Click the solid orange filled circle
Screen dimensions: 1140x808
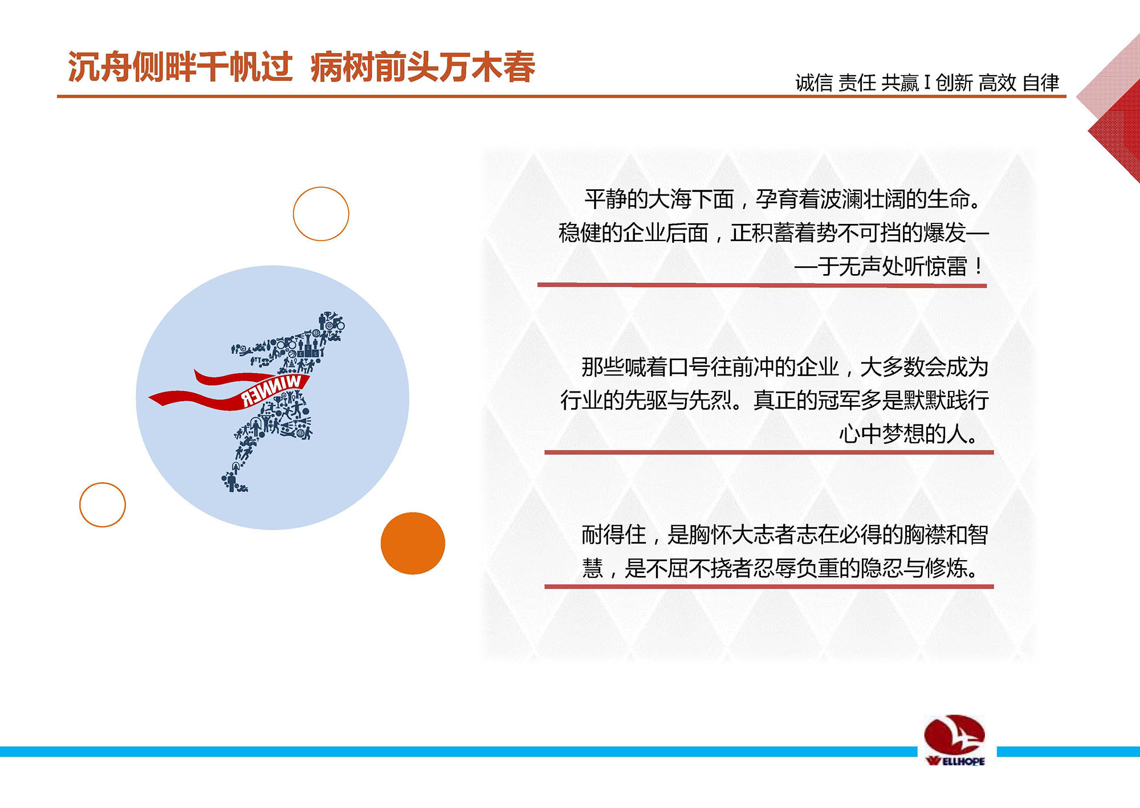click(x=413, y=543)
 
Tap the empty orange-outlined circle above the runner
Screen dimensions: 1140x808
click(x=321, y=187)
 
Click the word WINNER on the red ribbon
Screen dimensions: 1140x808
click(x=272, y=391)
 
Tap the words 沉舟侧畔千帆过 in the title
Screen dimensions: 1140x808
click(x=180, y=67)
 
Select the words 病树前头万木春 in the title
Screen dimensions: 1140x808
click(x=423, y=67)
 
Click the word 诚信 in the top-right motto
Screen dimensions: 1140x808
click(x=814, y=83)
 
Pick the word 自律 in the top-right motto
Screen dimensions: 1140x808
click(x=1041, y=83)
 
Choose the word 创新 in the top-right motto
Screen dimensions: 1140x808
click(x=954, y=83)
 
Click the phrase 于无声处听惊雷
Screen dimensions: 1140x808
click(x=892, y=266)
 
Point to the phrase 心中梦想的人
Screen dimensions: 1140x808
click(x=903, y=434)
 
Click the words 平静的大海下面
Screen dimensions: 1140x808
click(x=659, y=199)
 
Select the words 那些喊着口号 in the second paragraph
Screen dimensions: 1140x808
click(x=646, y=367)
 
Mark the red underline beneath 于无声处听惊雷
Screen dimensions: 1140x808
click(x=762, y=285)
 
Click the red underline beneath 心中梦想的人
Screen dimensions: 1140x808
click(x=769, y=452)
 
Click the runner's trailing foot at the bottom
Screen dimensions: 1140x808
click(x=233, y=483)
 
